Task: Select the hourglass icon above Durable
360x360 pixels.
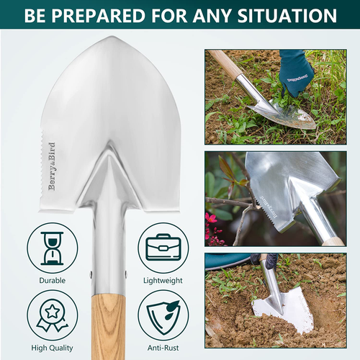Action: coord(52,247)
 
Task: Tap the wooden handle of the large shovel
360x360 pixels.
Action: coord(109,324)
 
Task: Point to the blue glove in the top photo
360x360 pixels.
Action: coord(296,73)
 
